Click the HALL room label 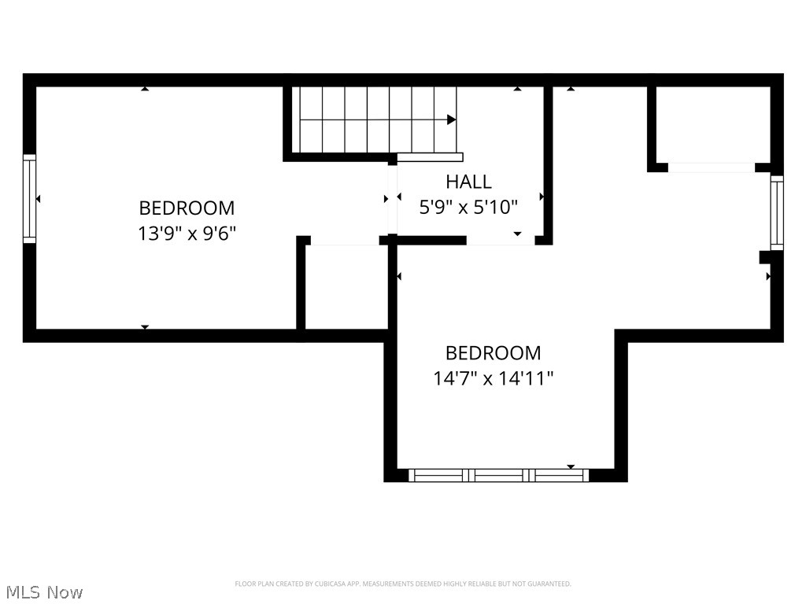point(468,182)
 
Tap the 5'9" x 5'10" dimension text point(468,208)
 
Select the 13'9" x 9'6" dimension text point(187,234)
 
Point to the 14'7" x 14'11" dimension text point(494,378)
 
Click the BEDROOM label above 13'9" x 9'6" point(187,208)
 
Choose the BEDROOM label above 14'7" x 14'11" point(494,353)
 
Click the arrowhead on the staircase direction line point(452,120)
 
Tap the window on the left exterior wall point(30,198)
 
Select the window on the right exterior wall point(777,213)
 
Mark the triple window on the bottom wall point(499,475)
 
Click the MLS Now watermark point(43,591)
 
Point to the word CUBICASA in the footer point(321,584)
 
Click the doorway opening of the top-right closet point(712,167)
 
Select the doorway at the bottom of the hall point(501,241)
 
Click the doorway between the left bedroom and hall point(392,198)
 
